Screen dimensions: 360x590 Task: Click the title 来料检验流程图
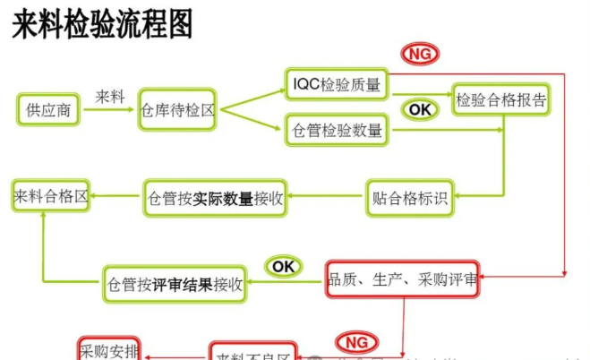102,25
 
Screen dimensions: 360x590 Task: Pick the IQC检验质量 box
337,85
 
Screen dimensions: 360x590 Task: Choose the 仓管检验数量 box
337,131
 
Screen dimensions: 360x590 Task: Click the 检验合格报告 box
500,99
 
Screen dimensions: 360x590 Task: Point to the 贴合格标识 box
408,198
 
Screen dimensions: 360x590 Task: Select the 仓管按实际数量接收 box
215,199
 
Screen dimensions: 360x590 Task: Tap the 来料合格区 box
51,196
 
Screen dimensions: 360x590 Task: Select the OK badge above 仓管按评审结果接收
283,266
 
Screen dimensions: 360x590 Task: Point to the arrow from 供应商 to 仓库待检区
110,111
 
